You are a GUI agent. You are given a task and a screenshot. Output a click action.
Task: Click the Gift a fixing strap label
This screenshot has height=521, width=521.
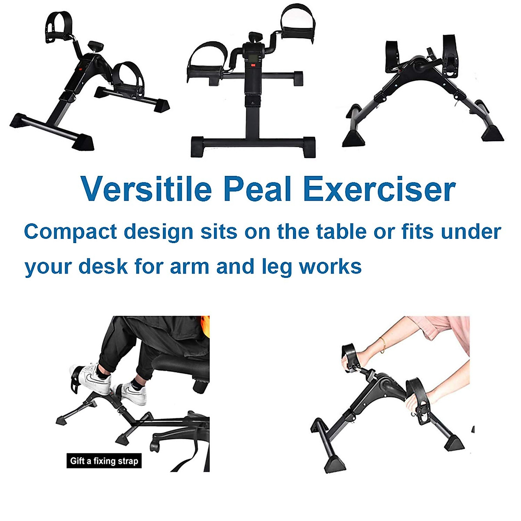(104, 461)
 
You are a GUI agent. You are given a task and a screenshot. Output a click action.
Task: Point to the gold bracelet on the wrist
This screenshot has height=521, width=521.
(383, 344)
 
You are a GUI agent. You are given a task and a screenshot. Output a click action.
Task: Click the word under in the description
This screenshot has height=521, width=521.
(472, 231)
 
